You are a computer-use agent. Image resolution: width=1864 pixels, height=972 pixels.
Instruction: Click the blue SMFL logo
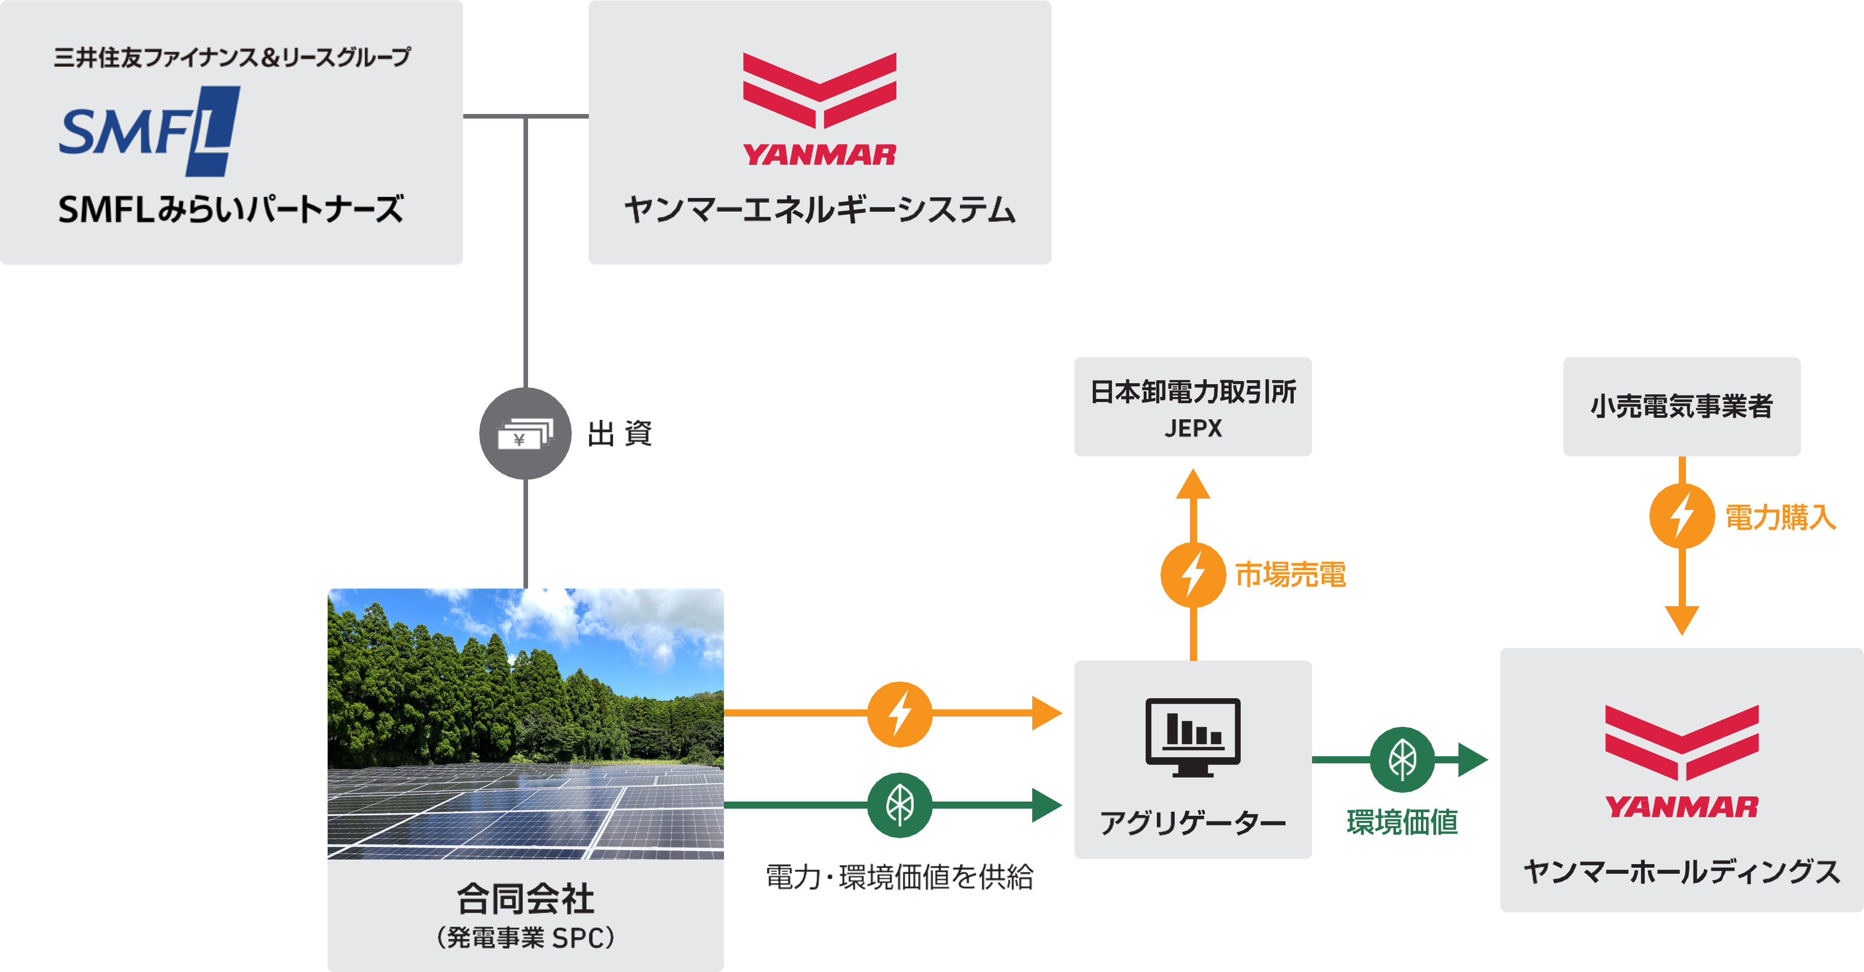point(149,131)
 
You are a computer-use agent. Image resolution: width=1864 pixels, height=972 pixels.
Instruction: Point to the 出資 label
point(621,434)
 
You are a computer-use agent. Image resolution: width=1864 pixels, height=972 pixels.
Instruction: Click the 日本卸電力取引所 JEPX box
point(1192,407)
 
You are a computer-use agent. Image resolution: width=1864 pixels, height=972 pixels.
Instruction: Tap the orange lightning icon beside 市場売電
point(1192,575)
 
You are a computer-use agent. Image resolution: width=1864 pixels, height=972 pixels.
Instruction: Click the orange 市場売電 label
point(1290,575)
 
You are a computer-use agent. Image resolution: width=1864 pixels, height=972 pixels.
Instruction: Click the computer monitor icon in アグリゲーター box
point(1192,737)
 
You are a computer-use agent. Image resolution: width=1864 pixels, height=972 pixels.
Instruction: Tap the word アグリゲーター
point(1192,823)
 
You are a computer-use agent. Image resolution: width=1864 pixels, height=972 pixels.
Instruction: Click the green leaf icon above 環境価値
point(1402,759)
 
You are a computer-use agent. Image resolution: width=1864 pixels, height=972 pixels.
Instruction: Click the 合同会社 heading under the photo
point(526,899)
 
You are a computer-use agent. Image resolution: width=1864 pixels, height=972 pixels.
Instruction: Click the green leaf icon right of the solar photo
point(899,805)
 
